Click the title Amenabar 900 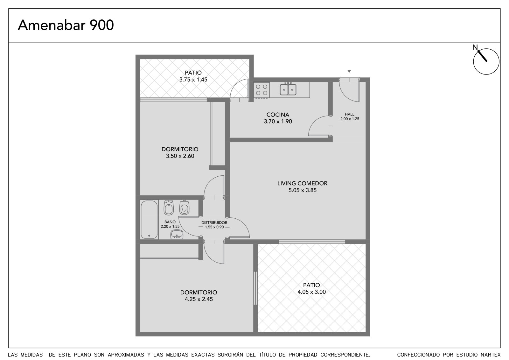click(x=66, y=25)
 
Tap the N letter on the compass click(x=475, y=47)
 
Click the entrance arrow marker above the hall click(x=349, y=71)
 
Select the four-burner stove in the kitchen click(x=261, y=90)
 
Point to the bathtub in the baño click(x=149, y=219)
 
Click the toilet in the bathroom click(x=184, y=208)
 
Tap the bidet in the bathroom click(x=169, y=208)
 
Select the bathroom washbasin click(x=177, y=234)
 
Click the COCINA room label click(x=278, y=115)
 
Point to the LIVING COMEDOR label click(x=302, y=183)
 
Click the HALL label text click(x=350, y=114)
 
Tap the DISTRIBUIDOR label click(x=214, y=222)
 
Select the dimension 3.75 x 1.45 click(x=193, y=80)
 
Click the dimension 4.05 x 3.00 click(x=311, y=292)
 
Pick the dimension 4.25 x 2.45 click(x=199, y=299)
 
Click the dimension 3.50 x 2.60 click(x=180, y=156)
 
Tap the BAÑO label click(x=170, y=222)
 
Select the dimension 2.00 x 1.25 click(x=350, y=119)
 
